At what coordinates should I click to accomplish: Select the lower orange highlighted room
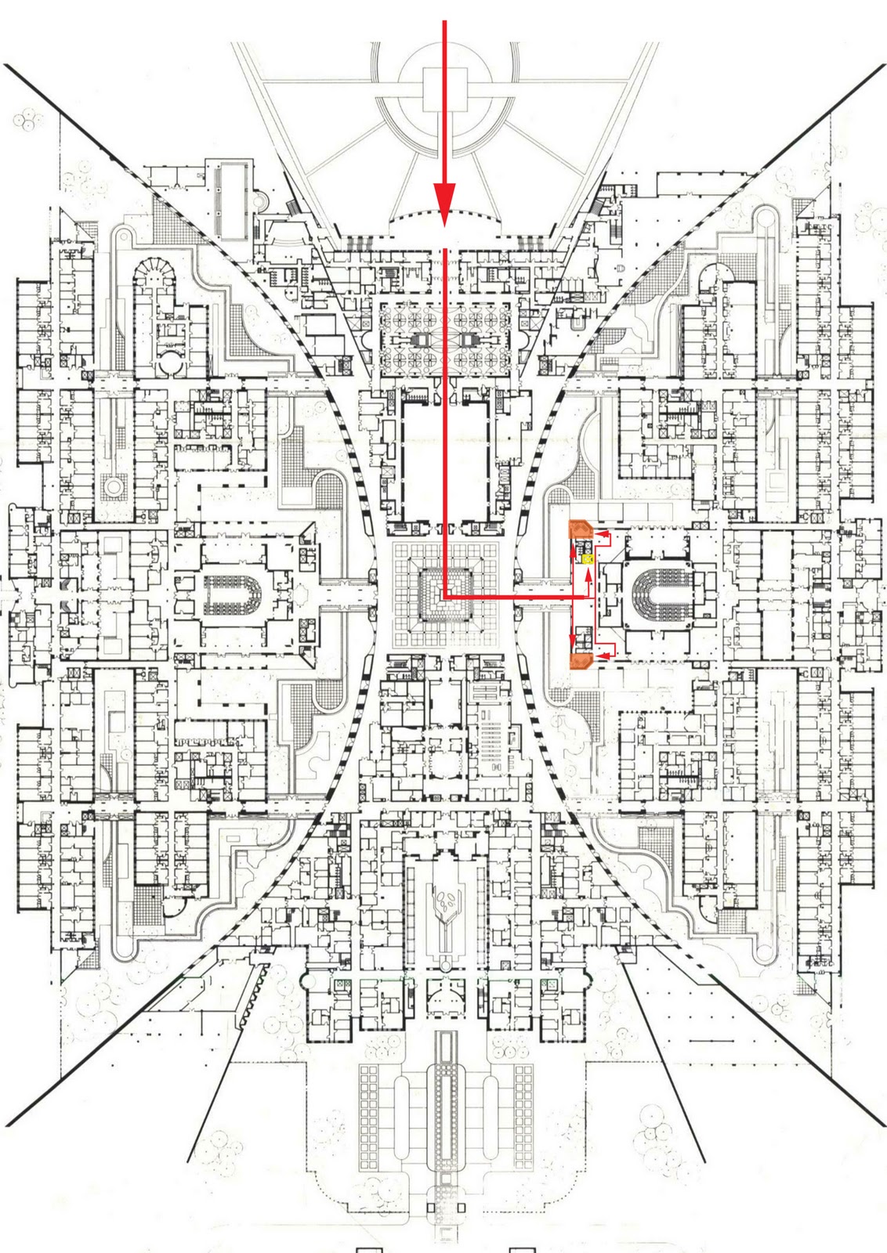(x=580, y=663)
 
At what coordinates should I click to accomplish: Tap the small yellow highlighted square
(x=586, y=558)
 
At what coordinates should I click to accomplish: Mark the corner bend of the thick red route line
(x=445, y=598)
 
